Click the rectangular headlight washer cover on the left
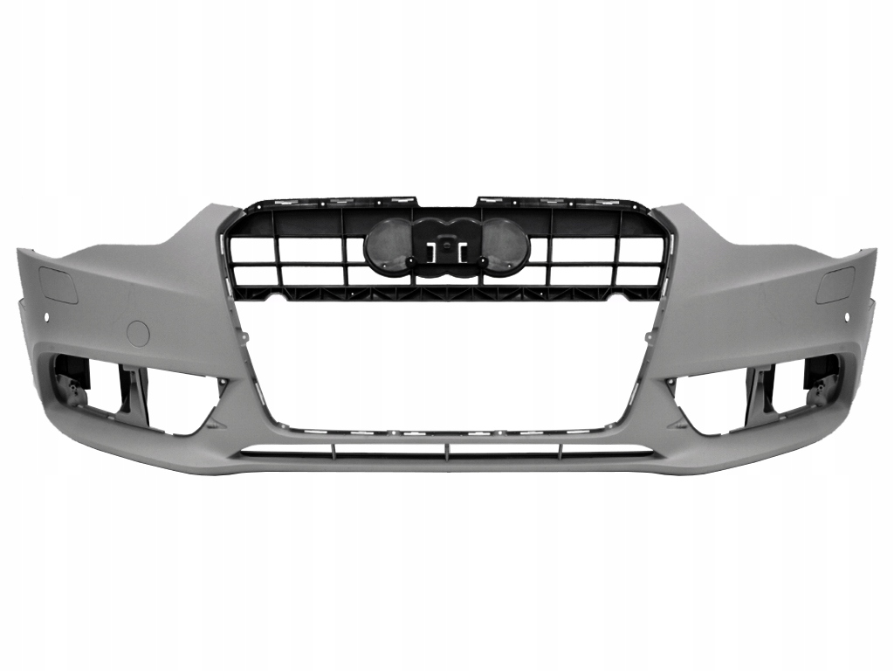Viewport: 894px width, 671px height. coord(58,286)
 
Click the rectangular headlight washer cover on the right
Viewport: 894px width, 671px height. coord(835,285)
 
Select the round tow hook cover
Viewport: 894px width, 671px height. coord(138,332)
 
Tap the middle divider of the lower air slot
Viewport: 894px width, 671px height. coord(447,452)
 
